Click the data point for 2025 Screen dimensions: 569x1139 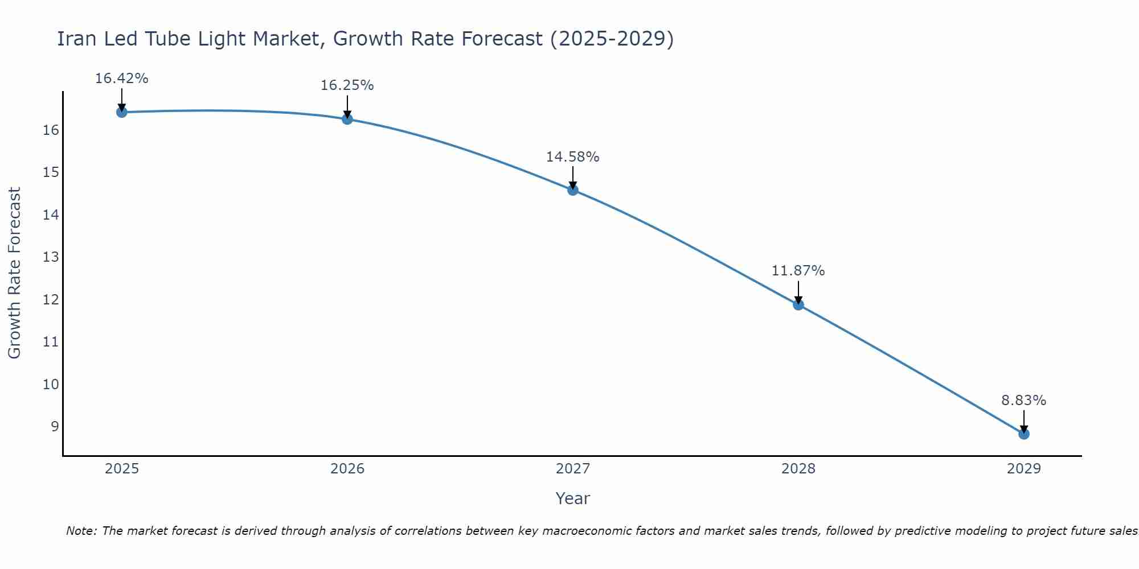121,112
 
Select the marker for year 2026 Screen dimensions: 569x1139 347,119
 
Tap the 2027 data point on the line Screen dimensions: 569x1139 573,190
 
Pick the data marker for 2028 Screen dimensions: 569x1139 798,304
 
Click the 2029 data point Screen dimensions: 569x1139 1023,434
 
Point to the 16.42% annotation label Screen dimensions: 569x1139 121,79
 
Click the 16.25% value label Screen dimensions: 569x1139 347,85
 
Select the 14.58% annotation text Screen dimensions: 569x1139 572,157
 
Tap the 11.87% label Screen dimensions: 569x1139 798,271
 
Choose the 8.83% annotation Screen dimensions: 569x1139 1023,401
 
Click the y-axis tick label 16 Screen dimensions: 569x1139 51,130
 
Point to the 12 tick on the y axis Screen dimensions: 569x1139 51,299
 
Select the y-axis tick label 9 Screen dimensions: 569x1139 55,426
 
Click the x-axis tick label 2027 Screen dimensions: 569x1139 573,469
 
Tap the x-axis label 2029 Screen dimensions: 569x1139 1023,469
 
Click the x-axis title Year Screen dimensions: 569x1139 572,498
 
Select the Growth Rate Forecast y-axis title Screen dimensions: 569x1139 14,273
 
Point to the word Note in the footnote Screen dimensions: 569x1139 81,531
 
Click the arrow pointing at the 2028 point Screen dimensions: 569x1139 798,291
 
